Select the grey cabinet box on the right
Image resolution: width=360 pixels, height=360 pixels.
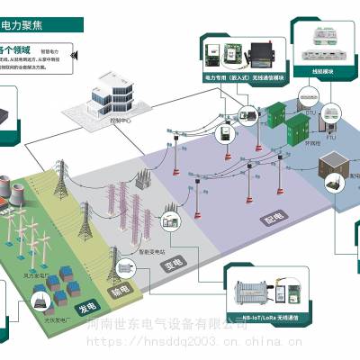coord(338,171)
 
